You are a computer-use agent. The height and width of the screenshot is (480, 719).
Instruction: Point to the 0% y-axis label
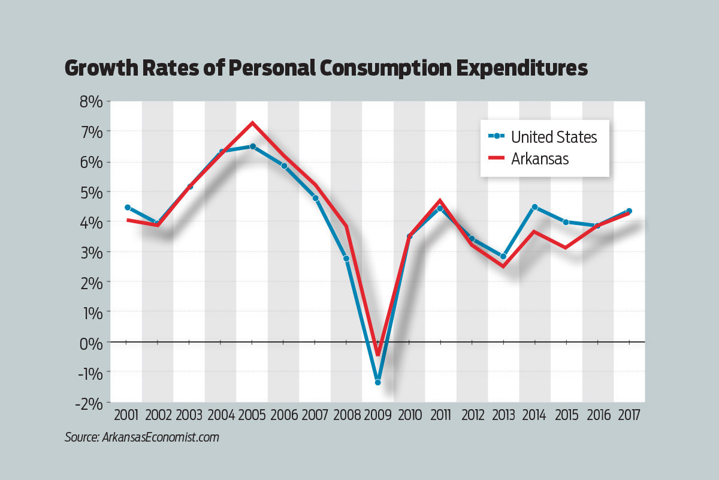pos(89,342)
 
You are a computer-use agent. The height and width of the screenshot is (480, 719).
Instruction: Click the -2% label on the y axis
pos(88,402)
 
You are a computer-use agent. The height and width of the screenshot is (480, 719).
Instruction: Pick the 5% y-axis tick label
pos(89,192)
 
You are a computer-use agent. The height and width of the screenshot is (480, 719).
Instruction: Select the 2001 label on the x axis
pos(126,415)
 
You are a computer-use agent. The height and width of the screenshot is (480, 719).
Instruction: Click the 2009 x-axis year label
pos(378,415)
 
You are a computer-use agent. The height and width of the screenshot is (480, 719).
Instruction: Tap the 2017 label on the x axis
pos(629,415)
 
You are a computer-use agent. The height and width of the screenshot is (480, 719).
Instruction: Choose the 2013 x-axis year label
pos(503,415)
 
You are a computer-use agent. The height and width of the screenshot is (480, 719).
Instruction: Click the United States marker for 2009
pos(378,382)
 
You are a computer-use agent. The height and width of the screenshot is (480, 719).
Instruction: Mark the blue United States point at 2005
pos(252,146)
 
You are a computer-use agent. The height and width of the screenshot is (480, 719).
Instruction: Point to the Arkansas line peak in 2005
pos(252,123)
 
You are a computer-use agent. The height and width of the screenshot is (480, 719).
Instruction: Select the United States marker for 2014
pos(534,207)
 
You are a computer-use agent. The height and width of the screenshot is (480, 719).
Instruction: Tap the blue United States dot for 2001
pos(127,208)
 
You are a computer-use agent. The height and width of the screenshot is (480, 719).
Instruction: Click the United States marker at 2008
pos(346,259)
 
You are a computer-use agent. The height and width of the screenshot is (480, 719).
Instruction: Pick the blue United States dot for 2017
pos(629,211)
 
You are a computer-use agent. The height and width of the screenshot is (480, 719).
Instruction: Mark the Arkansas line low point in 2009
pos(378,355)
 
